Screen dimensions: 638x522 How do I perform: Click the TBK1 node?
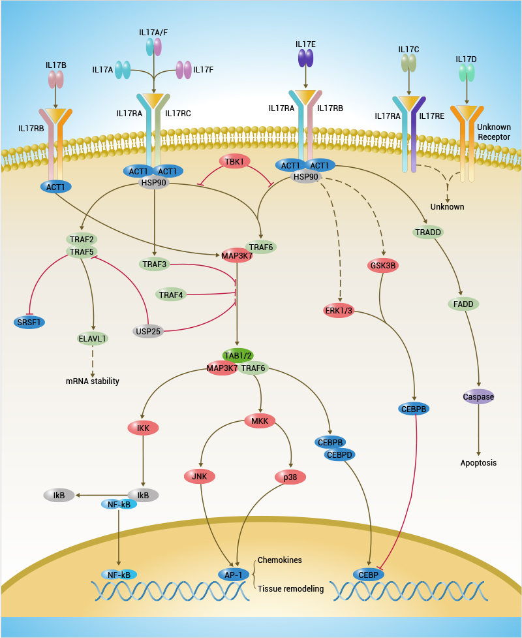point(234,161)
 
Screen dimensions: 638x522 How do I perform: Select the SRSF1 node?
point(30,322)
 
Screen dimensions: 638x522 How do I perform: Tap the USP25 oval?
point(148,331)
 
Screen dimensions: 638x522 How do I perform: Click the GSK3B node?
point(383,266)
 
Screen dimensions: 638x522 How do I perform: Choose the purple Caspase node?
point(478,396)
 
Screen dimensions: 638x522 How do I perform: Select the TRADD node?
point(429,232)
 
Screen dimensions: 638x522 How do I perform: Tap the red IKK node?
point(143,428)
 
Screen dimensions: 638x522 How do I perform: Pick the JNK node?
point(200,476)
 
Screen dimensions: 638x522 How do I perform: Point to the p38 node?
point(290,477)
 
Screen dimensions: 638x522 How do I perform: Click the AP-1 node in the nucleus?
point(233,575)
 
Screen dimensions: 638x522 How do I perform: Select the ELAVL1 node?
point(93,339)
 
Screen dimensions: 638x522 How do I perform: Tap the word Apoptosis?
point(478,462)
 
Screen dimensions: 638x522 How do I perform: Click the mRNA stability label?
point(93,381)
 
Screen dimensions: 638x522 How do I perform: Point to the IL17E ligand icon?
point(305,59)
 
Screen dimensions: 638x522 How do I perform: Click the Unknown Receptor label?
point(493,132)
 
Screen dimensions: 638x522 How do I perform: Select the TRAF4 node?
point(171,295)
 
